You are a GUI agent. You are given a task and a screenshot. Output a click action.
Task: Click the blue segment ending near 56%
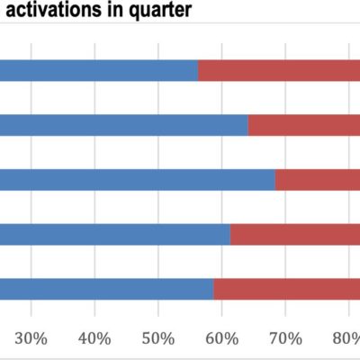99,71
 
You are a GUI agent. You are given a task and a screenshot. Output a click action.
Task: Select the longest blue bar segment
135,180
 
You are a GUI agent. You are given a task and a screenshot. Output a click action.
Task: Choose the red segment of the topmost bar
279,71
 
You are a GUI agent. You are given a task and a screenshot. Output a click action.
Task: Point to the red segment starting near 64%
304,126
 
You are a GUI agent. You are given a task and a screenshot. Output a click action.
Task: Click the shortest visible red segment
318,180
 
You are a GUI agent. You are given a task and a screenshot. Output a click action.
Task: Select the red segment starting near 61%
295,235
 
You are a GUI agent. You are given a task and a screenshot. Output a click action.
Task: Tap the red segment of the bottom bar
286,290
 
